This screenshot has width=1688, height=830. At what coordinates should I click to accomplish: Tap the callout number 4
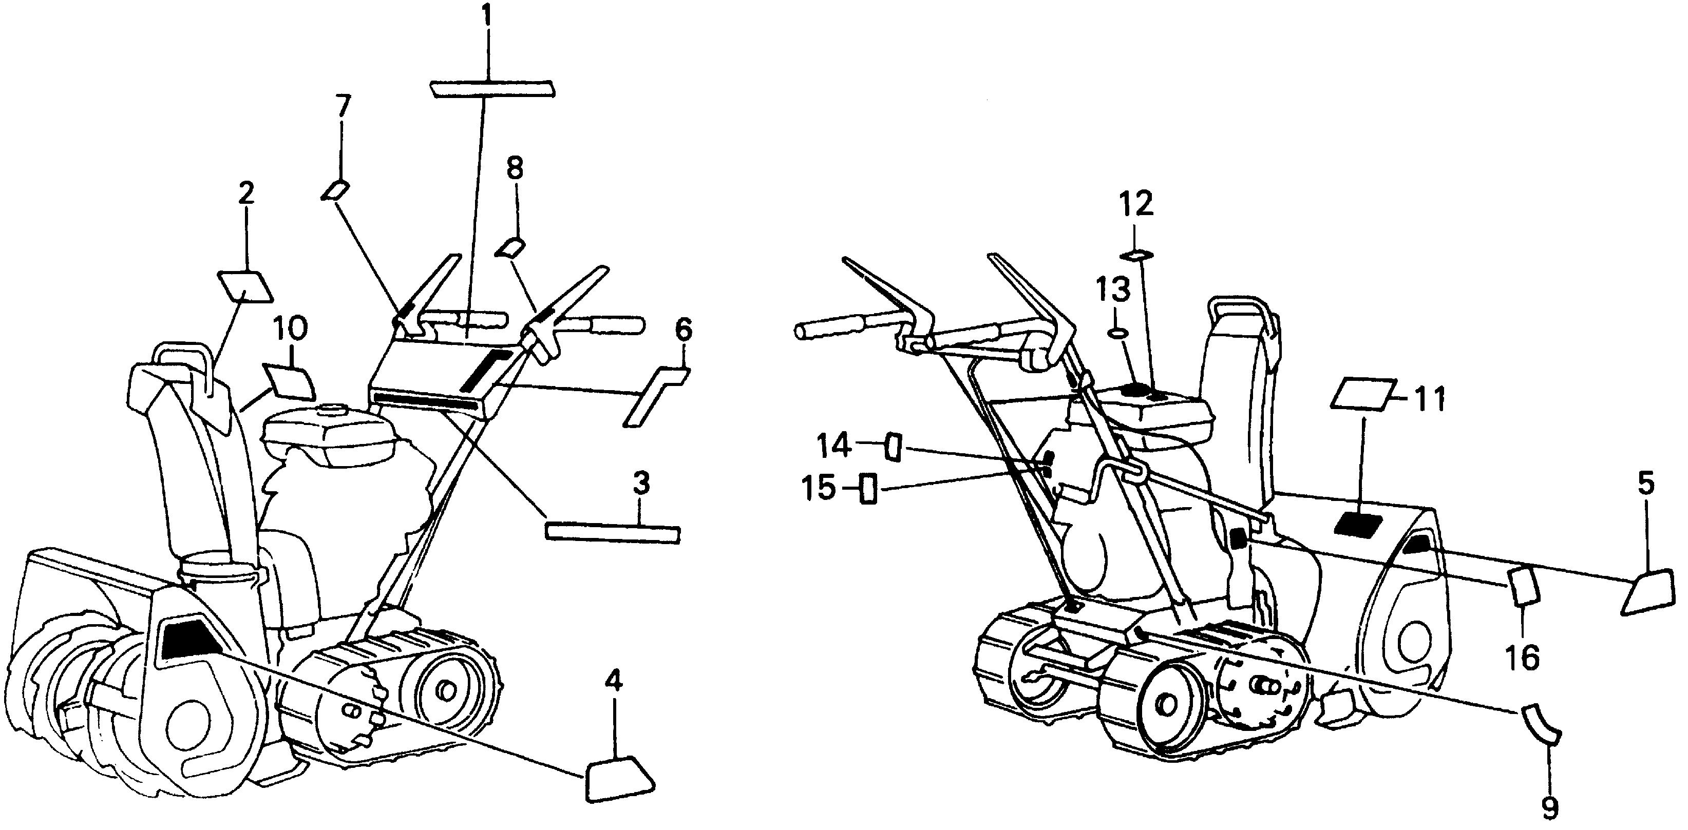pos(613,684)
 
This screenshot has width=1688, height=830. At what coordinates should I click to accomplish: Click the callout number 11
pos(1429,401)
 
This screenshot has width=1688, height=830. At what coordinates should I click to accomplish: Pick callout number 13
pos(1114,289)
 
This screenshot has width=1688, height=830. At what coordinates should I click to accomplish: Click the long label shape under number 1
pos(492,88)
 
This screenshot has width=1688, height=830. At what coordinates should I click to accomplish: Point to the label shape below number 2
pos(246,287)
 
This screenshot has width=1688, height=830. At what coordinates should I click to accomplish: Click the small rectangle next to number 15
pos(868,488)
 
